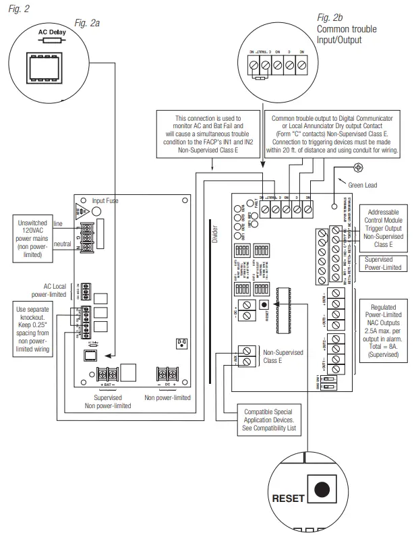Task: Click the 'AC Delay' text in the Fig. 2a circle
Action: [x=46, y=32]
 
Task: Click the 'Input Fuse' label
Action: [x=107, y=200]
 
